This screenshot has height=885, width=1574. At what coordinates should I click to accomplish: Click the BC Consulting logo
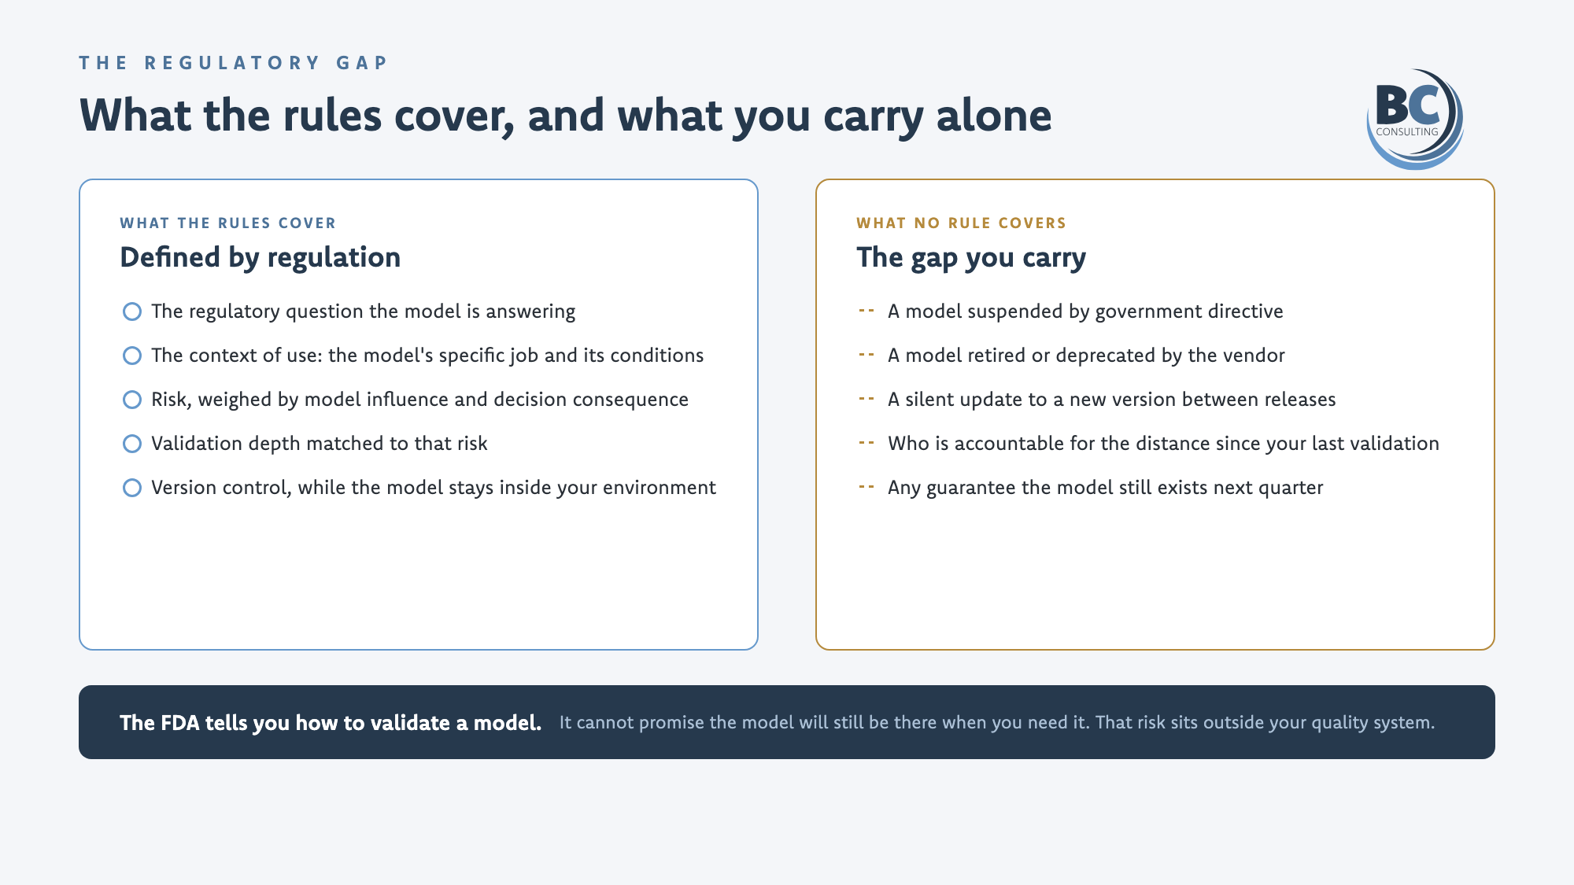(1415, 119)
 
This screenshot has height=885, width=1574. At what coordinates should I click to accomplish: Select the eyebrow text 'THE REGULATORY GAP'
(234, 63)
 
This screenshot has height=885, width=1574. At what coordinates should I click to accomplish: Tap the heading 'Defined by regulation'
(260, 257)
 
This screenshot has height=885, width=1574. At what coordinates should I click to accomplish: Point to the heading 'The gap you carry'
(971, 258)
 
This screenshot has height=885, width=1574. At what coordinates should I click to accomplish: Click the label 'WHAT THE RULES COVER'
(227, 223)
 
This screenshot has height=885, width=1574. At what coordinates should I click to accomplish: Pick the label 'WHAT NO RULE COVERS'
(961, 223)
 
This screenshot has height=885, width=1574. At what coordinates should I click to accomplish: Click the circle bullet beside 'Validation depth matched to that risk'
(132, 444)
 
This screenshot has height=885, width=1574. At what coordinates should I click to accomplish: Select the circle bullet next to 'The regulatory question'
(132, 312)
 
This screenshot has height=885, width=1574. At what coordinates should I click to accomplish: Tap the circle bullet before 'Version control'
(132, 488)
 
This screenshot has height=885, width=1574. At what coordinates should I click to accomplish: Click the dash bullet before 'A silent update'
(866, 399)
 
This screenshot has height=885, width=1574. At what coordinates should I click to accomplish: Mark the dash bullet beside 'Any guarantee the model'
(866, 487)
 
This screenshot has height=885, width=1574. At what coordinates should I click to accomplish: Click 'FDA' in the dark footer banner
(180, 723)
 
